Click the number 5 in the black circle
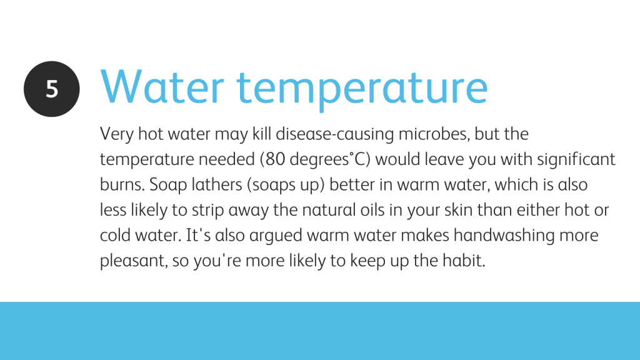tap(52, 89)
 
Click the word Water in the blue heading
tap(162, 87)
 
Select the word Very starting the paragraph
tap(117, 134)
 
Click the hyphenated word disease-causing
tap(335, 134)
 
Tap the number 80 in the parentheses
tap(275, 159)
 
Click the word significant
tap(576, 159)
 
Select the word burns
tap(122, 184)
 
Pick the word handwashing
tap(504, 236)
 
